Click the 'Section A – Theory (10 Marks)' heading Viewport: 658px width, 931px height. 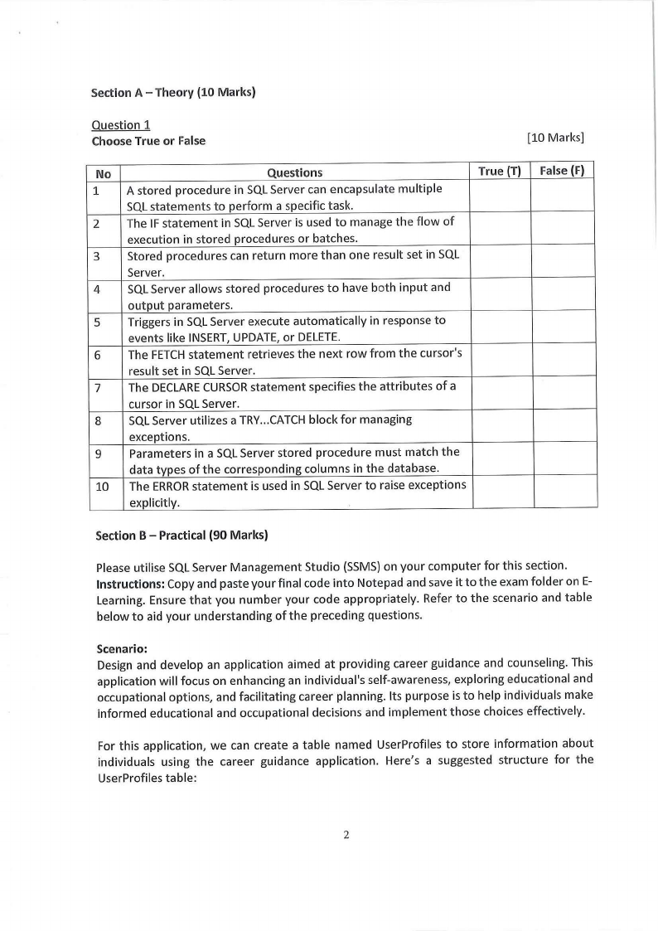click(173, 92)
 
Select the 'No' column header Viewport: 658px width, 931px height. click(104, 173)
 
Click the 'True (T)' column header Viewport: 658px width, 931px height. click(500, 172)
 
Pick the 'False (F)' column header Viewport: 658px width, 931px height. click(562, 172)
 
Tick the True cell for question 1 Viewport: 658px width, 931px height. click(500, 196)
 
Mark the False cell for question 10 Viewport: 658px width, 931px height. click(564, 492)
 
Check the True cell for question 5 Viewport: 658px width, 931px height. click(501, 327)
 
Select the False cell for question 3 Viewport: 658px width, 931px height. click(564, 262)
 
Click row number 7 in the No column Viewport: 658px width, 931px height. click(99, 387)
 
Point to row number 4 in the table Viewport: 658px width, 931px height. click(98, 289)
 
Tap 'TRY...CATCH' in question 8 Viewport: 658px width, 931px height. click(263, 419)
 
